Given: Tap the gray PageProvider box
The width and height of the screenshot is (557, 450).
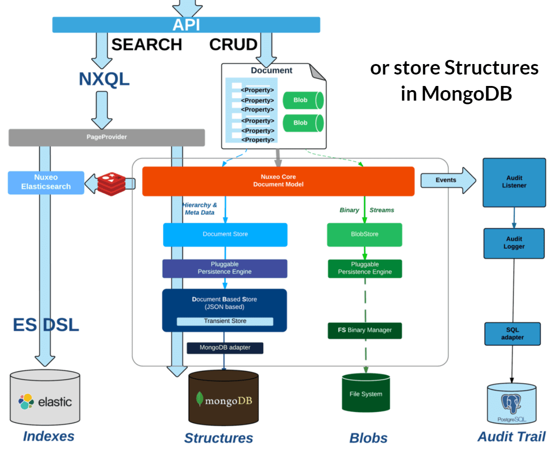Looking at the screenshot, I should [106, 137].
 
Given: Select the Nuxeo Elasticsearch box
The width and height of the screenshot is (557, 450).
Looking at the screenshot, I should [46, 182].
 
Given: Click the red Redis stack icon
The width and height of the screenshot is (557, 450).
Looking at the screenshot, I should [111, 183].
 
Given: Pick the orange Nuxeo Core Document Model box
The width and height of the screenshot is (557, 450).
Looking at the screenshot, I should [278, 181].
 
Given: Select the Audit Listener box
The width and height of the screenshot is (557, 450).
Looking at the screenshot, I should [514, 182].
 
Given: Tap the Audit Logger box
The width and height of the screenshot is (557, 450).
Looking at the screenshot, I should [514, 243].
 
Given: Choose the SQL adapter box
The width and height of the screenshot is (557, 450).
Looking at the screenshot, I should [512, 334].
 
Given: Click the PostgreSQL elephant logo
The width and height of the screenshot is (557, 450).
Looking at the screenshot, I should [511, 403].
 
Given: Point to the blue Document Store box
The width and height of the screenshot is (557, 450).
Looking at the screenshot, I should [225, 235].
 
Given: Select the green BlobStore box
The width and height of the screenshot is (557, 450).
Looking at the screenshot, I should [365, 235].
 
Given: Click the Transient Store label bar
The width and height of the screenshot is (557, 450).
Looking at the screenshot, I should [225, 321].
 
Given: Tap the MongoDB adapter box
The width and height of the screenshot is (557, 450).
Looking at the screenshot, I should [225, 348].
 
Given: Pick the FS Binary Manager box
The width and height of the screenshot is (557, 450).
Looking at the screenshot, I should [365, 330].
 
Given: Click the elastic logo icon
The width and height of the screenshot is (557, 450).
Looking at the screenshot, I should [27, 402].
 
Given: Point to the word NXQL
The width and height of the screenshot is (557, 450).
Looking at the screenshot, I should [104, 79].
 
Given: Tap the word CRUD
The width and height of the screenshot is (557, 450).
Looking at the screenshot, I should [233, 45].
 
